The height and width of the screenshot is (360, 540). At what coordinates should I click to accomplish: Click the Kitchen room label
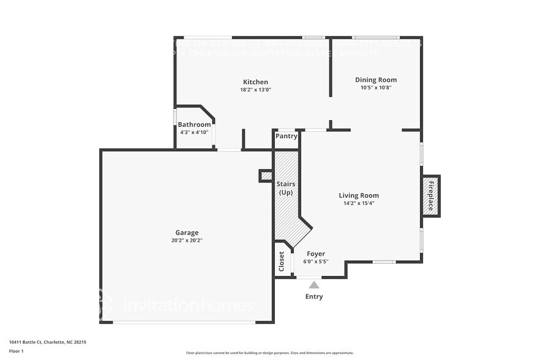255,82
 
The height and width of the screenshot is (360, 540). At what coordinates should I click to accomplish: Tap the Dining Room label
376,80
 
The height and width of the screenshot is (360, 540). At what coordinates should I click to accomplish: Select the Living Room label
359,196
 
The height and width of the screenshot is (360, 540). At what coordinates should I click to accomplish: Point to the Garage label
187,233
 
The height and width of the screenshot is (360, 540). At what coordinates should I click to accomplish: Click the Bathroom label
194,125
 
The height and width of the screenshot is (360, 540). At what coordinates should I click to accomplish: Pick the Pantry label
286,137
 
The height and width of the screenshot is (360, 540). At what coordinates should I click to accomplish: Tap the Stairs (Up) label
285,188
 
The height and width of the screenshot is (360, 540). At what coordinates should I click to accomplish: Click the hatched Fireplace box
430,196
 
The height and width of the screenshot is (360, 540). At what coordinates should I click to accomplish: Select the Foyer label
316,253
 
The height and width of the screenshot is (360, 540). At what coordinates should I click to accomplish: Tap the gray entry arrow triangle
314,285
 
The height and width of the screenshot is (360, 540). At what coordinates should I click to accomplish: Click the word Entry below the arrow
314,297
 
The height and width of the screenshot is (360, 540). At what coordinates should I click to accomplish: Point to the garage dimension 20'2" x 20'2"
187,241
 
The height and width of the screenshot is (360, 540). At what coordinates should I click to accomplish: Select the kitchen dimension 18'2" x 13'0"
255,90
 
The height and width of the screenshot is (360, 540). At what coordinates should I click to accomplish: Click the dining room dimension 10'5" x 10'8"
376,88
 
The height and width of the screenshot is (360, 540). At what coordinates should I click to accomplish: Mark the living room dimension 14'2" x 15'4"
359,203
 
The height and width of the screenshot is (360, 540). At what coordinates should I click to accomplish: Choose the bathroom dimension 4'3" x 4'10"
194,132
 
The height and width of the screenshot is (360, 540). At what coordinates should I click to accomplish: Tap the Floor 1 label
16,351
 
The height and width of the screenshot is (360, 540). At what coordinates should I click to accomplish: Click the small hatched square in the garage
266,176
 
